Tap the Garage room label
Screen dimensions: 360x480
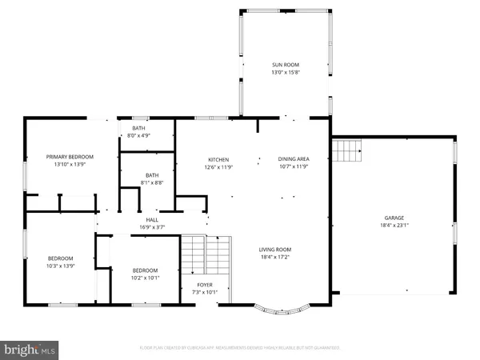click(393, 218)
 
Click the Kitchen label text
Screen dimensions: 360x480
click(218, 159)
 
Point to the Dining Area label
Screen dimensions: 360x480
click(292, 159)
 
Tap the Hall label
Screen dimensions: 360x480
click(151, 220)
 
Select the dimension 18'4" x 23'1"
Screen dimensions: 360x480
click(393, 226)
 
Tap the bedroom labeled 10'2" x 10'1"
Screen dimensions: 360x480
click(145, 274)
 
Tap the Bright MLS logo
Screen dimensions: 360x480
click(30, 350)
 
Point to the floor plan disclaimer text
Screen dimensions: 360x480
click(239, 348)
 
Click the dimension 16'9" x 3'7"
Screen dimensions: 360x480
click(151, 227)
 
